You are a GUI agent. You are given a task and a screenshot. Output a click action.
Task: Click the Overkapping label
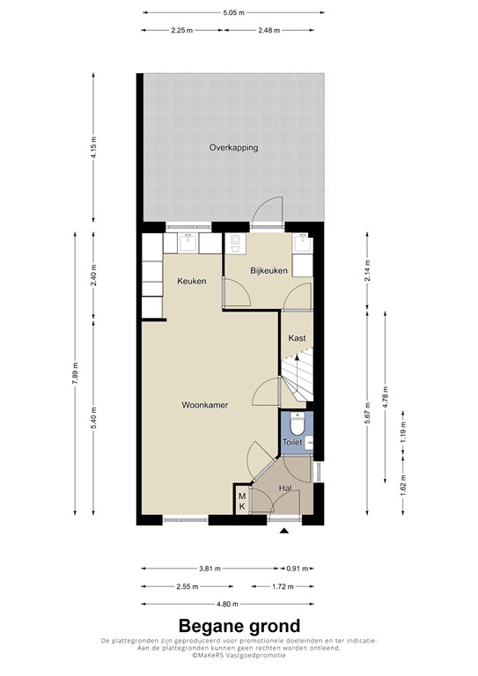pyautogui.click(x=233, y=148)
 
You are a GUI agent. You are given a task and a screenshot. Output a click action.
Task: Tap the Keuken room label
pyautogui.click(x=191, y=282)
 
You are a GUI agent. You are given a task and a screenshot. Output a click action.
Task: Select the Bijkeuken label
pyautogui.click(x=268, y=271)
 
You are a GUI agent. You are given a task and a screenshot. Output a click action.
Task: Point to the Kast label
pyautogui.click(x=297, y=337)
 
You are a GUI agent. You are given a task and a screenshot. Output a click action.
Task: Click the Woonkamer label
pyautogui.click(x=205, y=406)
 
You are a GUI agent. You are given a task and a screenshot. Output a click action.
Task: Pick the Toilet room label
pyautogui.click(x=292, y=442)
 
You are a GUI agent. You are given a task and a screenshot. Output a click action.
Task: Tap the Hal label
pyautogui.click(x=286, y=488)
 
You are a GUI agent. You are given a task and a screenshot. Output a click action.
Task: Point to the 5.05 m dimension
pyautogui.click(x=233, y=13)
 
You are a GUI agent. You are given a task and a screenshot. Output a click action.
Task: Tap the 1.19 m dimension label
pyautogui.click(x=403, y=432)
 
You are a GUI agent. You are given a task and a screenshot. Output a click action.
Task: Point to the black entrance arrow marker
pyautogui.click(x=283, y=532)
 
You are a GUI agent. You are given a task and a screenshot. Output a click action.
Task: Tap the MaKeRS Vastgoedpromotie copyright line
pyautogui.click(x=239, y=658)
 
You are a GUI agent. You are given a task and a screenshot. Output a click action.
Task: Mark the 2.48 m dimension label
pyautogui.click(x=272, y=31)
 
